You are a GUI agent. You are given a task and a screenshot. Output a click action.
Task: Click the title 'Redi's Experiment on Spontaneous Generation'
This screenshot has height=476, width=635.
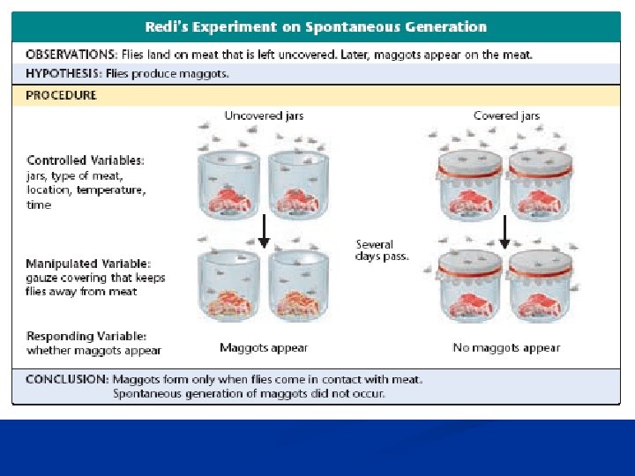pos(317,27)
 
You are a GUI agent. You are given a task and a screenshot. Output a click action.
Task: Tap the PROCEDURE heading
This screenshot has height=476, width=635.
pos(61,95)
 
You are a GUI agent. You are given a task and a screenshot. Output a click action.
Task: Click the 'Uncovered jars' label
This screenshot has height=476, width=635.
pos(265,116)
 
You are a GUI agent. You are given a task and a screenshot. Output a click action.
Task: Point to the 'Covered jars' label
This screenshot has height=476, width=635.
pos(506,116)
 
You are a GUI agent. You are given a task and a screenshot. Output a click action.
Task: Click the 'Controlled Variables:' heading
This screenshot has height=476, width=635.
pos(86,160)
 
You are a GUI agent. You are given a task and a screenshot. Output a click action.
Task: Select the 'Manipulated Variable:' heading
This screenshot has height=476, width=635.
pos(88,264)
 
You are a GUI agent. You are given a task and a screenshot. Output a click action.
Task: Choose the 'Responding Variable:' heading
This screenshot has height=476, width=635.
pos(86,336)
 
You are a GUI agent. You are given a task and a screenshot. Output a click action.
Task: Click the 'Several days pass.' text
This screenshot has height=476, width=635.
pos(382,250)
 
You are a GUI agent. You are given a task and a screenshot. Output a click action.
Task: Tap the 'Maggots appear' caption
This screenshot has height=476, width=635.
pos(264,348)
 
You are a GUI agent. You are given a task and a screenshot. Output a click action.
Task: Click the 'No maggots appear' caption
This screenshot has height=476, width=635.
pos(506,348)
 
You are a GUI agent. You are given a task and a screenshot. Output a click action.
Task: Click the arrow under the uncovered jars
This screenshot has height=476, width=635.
pos(263,233)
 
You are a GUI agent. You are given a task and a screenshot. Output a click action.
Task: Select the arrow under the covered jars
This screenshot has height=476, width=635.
pos(504,233)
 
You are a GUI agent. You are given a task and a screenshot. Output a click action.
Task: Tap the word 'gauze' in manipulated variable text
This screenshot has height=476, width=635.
pos(42,278)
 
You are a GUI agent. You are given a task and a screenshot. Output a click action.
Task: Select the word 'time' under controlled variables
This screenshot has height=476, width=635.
pos(40,205)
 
